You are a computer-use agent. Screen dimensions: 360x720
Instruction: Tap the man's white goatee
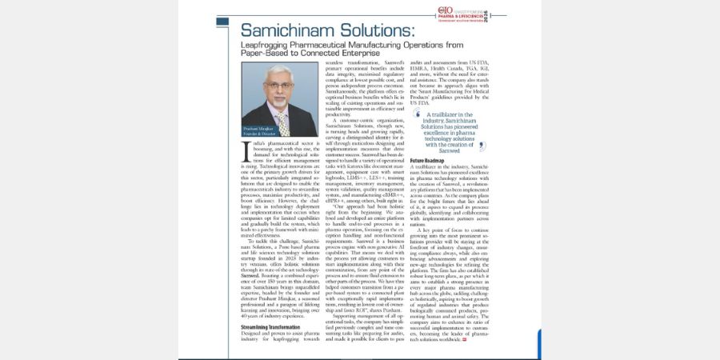279,103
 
